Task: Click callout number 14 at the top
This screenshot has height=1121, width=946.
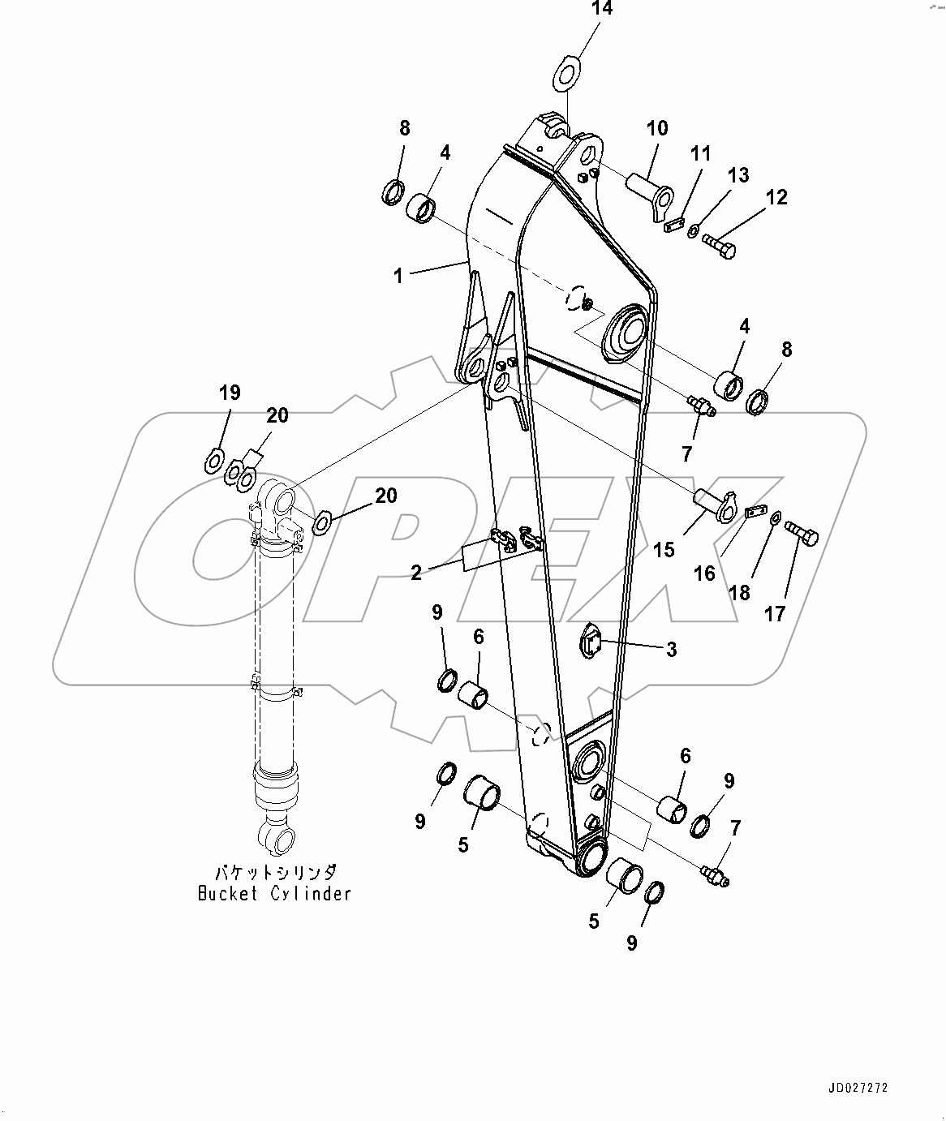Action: (x=602, y=11)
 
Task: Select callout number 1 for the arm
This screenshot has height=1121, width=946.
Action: (x=398, y=276)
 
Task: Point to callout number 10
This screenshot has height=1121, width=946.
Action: (x=657, y=128)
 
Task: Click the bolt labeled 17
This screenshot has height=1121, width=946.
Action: (x=802, y=535)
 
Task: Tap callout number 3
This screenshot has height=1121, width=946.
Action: (x=671, y=649)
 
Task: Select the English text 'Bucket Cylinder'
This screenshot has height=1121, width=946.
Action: (x=275, y=893)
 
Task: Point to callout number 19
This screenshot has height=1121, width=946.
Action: (x=230, y=393)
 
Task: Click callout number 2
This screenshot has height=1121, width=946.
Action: (x=416, y=573)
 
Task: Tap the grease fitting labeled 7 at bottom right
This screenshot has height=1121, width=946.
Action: (x=713, y=875)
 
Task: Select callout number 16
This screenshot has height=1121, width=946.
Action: (x=704, y=573)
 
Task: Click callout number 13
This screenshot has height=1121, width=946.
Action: (x=738, y=175)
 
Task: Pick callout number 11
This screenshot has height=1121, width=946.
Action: (x=700, y=153)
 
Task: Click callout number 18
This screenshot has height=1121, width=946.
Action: (x=740, y=595)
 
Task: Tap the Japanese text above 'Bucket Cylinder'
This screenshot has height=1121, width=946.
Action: (x=275, y=873)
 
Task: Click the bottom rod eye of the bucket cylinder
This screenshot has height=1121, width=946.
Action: (x=276, y=835)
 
